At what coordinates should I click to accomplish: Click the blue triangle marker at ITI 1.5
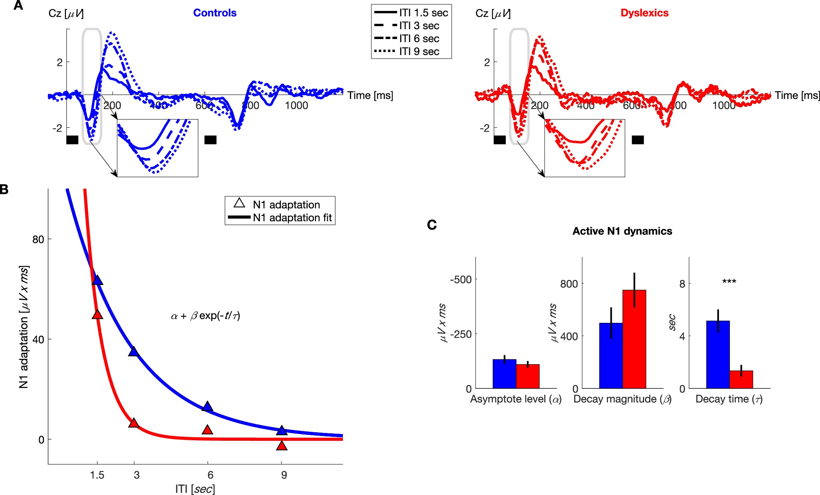97,281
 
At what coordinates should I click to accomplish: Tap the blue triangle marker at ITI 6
208,407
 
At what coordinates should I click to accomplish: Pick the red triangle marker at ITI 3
134,423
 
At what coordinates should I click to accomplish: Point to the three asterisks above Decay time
729,281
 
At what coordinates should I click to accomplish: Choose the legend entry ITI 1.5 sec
423,13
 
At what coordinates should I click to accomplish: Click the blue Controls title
215,13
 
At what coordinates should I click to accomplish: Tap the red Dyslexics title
644,13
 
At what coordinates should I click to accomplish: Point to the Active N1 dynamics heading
622,231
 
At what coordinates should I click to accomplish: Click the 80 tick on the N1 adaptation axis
38,239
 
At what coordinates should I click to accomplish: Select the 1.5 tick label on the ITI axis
97,475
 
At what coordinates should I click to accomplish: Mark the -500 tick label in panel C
461,280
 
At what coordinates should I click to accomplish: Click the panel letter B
4,190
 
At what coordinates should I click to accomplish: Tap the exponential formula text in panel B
206,315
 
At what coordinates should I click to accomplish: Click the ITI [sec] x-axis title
195,489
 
